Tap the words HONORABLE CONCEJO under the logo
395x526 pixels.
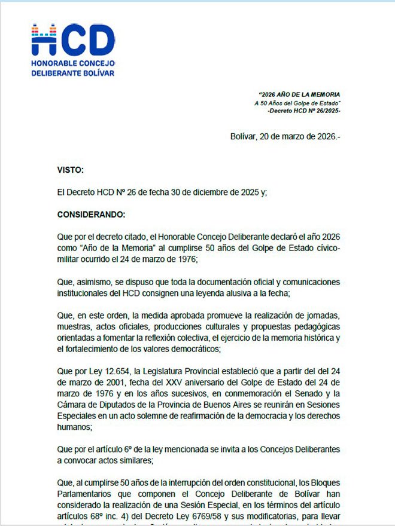72,63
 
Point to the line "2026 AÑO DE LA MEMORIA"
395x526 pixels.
300,95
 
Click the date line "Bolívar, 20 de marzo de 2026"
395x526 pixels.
285,136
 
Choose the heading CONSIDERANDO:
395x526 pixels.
92,213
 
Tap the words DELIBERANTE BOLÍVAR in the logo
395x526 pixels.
72,74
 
